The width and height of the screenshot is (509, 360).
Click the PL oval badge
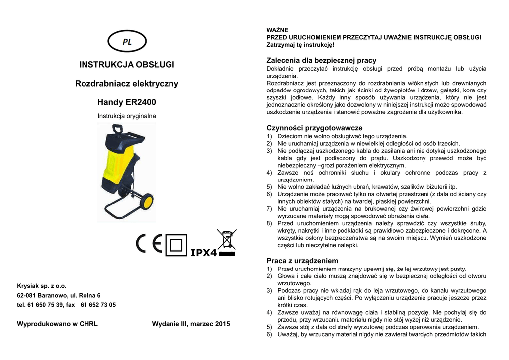tap(127, 42)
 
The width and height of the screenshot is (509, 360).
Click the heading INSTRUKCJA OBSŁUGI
tap(127, 65)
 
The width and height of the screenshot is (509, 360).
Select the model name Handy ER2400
tap(127, 102)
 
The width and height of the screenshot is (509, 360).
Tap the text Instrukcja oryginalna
tap(127, 116)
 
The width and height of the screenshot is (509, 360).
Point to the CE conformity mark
tap(150, 244)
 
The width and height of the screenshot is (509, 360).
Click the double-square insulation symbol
tap(176, 245)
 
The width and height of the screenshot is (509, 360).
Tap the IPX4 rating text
tap(204, 253)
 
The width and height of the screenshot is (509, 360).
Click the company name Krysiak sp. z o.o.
tap(42, 286)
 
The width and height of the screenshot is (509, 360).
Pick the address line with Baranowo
tap(59, 295)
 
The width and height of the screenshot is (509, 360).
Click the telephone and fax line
tap(66, 305)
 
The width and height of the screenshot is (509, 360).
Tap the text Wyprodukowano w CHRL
tap(57, 324)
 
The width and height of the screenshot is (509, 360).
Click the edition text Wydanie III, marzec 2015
tap(191, 324)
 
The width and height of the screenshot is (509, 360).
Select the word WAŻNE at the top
tap(277, 30)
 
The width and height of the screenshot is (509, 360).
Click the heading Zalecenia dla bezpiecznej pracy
tap(322, 60)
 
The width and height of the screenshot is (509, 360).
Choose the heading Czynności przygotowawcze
tap(315, 128)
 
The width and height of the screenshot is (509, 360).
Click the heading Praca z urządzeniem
tap(302, 261)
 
